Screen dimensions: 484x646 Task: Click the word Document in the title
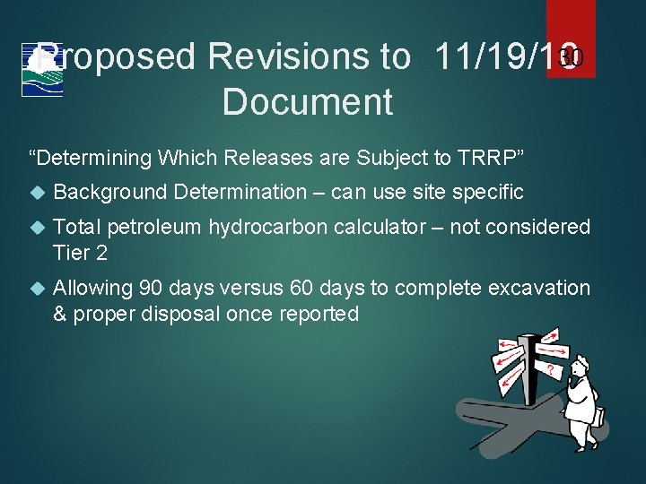click(307, 101)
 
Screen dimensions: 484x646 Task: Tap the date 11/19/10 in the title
click(502, 58)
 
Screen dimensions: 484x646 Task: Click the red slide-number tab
click(571, 39)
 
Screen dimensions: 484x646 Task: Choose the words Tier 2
click(80, 254)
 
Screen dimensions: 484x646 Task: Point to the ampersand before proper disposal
click(61, 315)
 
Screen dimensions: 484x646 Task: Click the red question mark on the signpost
click(548, 369)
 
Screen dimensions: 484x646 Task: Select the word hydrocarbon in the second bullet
click(267, 228)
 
